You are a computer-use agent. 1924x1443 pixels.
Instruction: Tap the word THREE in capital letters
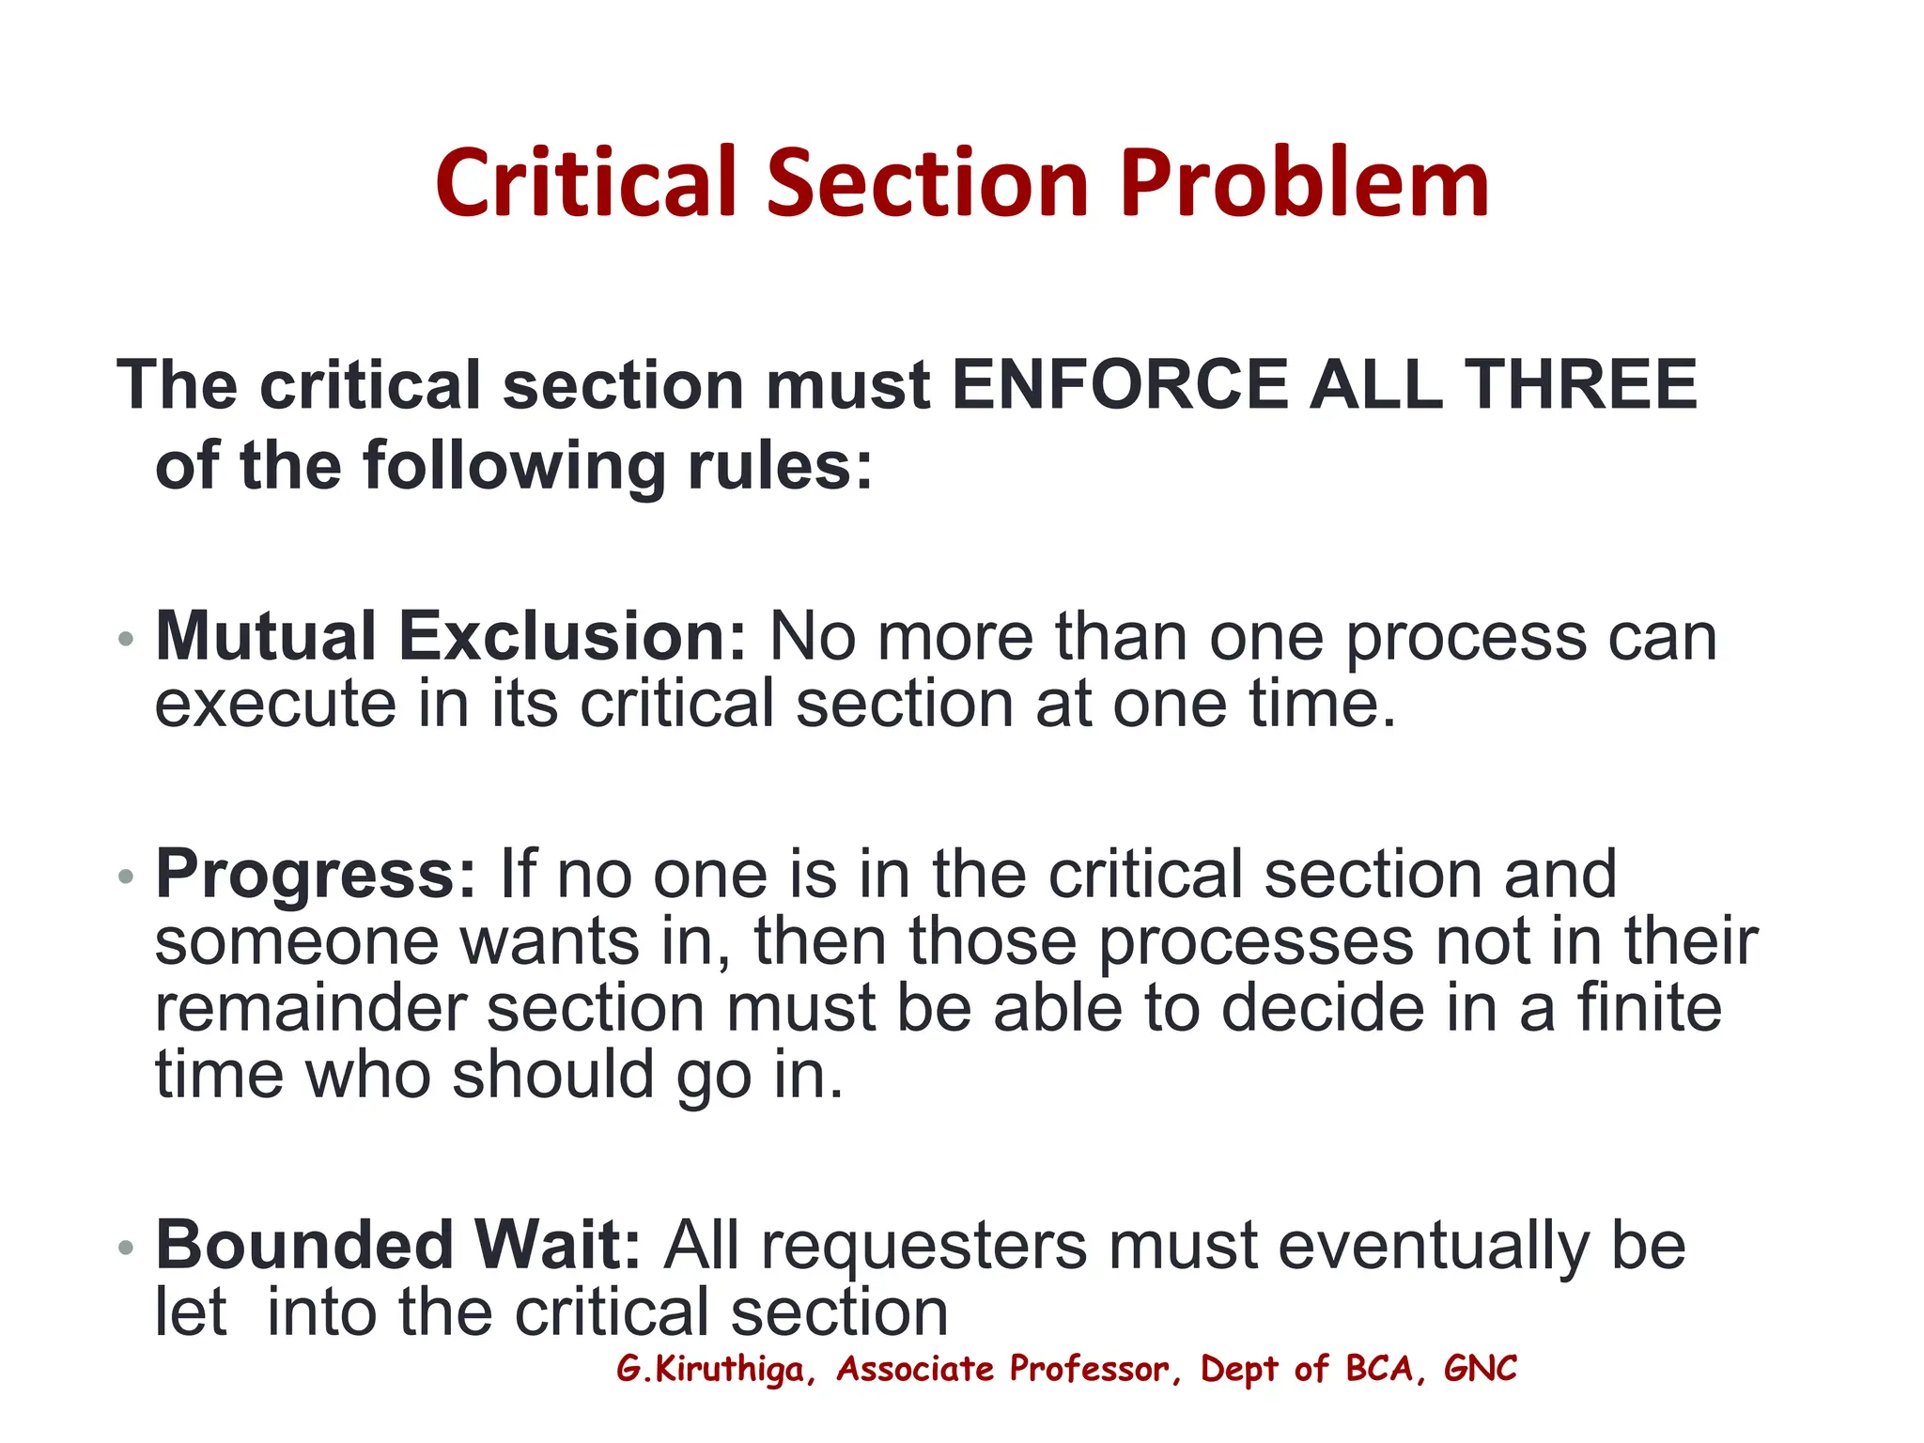pos(1583,385)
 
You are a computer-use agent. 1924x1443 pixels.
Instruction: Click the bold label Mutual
pos(266,637)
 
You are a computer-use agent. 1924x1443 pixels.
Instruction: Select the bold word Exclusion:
pos(572,637)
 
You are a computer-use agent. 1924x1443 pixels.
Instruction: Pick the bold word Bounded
pos(304,1246)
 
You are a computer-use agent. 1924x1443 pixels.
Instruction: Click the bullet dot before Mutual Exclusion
pos(126,641)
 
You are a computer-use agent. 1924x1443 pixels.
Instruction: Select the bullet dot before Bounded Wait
pos(126,1249)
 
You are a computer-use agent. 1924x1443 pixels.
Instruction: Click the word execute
pos(275,705)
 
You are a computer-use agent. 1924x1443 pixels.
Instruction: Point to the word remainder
pos(310,1009)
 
